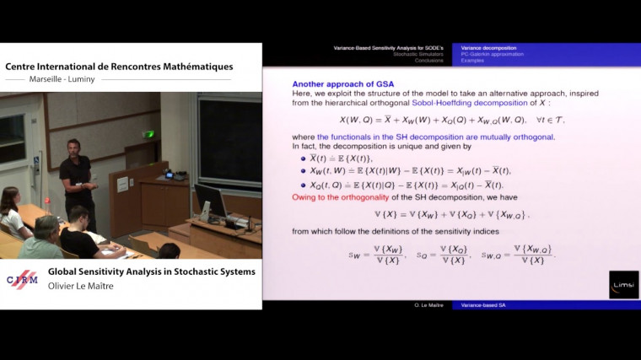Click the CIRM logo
(23, 280)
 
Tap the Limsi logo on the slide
(623, 284)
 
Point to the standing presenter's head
(73, 147)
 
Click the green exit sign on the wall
(149, 134)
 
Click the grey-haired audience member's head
(47, 226)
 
